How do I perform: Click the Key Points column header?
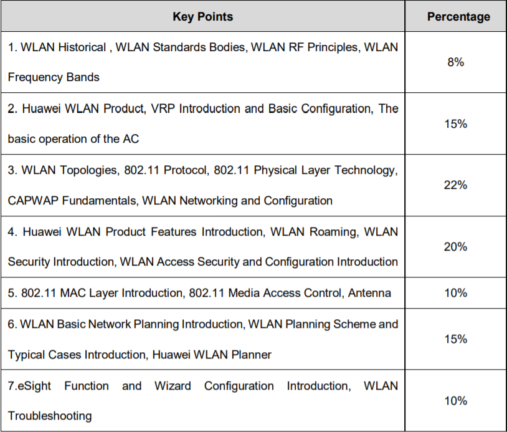[x=202, y=17]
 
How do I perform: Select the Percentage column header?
[x=458, y=17]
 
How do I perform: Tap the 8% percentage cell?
[x=455, y=62]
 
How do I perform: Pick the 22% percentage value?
[x=455, y=185]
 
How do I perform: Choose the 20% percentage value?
[x=455, y=247]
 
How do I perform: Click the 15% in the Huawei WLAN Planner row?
[x=455, y=339]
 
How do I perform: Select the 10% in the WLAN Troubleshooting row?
[x=455, y=401]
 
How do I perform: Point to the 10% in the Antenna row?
[x=455, y=293]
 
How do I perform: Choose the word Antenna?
[x=370, y=293]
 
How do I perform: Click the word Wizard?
[x=173, y=386]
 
